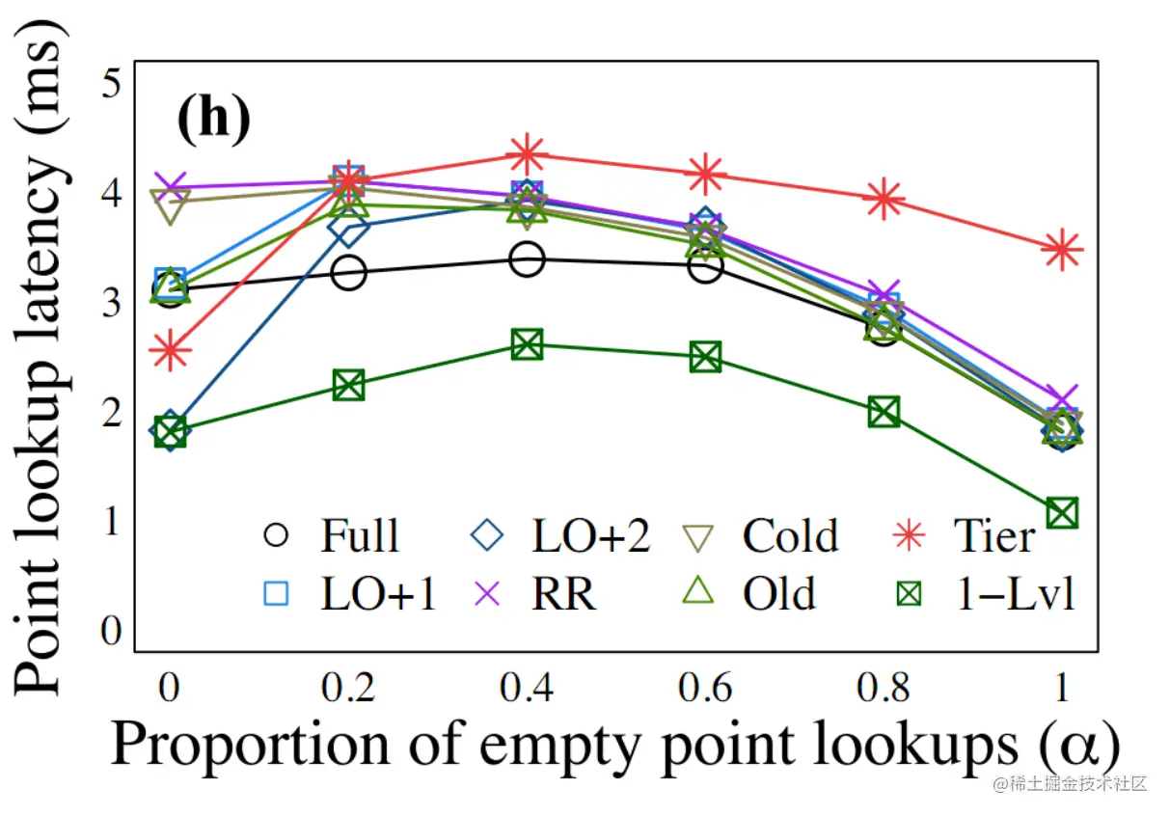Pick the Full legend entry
(x=332, y=535)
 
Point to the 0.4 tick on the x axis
(x=527, y=690)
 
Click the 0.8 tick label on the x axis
(x=884, y=690)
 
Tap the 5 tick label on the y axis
(x=113, y=83)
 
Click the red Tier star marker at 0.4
(x=527, y=153)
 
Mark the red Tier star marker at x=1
(x=1062, y=250)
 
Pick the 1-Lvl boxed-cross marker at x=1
(x=1062, y=512)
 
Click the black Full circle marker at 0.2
(x=349, y=273)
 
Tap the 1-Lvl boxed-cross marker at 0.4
(x=527, y=344)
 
